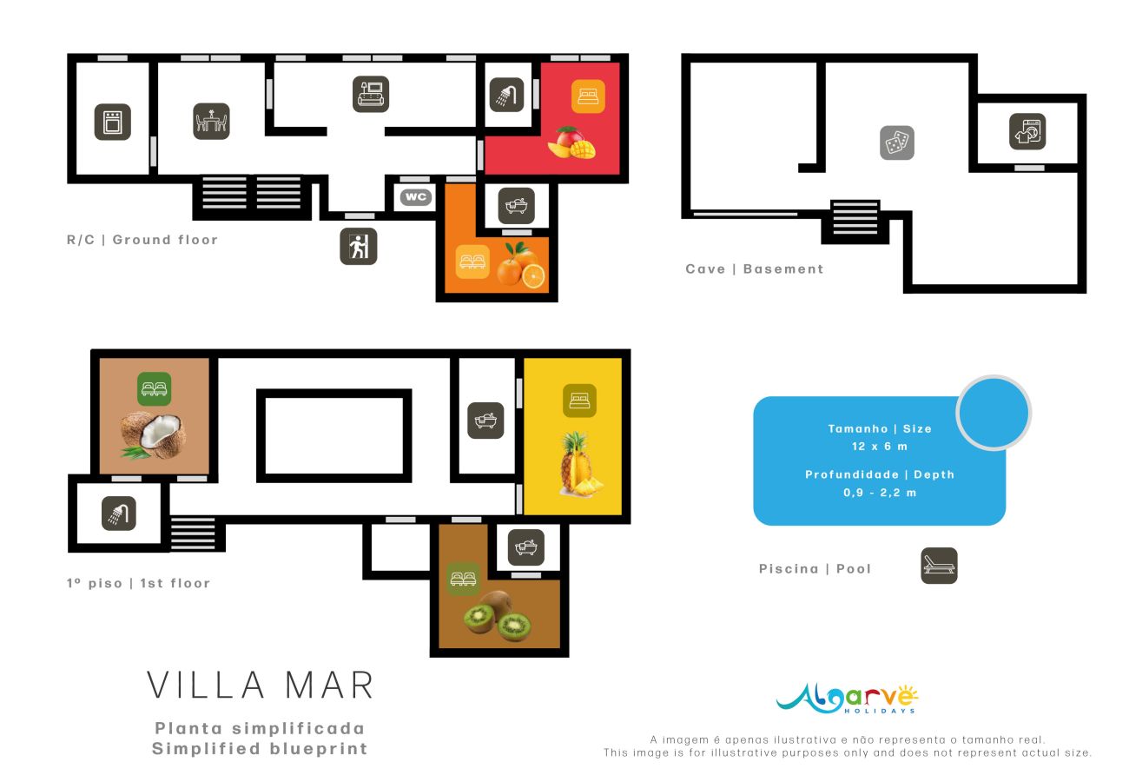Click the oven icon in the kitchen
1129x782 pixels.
113,122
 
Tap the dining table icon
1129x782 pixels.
211,122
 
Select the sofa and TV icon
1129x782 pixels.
371,94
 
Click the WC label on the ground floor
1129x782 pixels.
416,197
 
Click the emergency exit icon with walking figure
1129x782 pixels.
358,246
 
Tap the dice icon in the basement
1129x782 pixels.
897,142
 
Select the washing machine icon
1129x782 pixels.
1027,131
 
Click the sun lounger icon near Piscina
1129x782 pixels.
939,566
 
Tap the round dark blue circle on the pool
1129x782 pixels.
994,413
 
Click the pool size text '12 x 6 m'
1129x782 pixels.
879,447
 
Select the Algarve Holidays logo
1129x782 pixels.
847,698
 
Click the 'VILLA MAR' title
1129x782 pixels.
261,686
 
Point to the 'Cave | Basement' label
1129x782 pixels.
754,269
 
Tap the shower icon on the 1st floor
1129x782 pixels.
118,513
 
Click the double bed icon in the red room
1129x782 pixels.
588,96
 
